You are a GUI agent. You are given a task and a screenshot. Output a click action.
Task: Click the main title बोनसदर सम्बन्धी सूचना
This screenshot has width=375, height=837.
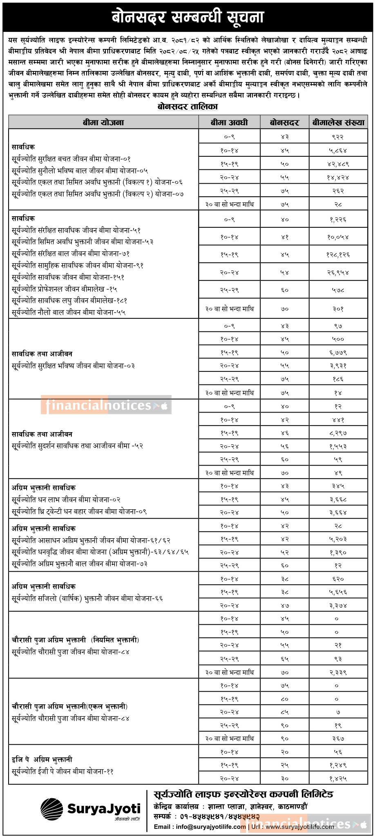coord(187,18)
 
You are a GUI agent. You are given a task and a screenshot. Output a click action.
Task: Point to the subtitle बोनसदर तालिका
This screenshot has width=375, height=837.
coord(187,107)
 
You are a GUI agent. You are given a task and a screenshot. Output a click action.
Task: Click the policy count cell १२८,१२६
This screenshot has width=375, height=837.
coord(338,254)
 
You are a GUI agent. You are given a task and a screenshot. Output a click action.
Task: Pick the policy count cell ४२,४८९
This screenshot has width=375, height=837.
coord(338,164)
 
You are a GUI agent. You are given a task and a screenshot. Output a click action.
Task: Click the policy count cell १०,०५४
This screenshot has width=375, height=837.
coord(338,237)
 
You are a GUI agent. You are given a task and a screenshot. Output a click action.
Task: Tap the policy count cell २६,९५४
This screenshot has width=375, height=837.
coord(338,272)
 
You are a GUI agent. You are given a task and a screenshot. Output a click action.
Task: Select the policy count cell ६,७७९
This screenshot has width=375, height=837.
coord(338,352)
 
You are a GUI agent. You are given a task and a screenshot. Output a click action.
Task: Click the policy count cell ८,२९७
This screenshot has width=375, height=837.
coord(338,432)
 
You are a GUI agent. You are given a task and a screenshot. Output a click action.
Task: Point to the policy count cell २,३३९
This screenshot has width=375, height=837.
coord(338,672)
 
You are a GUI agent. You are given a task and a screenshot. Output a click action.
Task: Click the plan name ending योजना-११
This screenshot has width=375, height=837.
coord(62,771)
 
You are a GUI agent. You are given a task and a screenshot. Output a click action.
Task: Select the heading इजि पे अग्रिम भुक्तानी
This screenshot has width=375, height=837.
coord(42,759)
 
